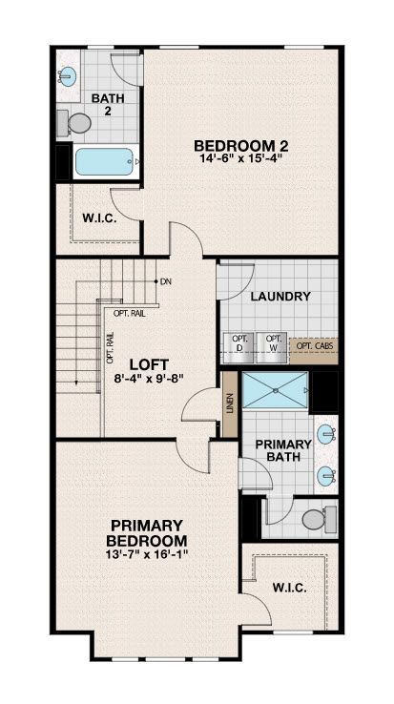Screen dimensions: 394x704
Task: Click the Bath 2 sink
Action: pos(67,75)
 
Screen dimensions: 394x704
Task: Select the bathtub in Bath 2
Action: pos(105,161)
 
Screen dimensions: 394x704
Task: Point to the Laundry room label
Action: pos(280,297)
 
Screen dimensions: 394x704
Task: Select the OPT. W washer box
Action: pos(271,343)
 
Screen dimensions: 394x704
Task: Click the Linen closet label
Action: pos(230,404)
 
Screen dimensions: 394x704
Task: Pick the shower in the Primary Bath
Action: pos(275,390)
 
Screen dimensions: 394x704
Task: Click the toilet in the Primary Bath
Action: pos(320,519)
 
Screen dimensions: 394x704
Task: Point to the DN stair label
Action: pos(166,281)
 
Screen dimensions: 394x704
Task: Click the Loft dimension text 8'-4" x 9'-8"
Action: pos(149,378)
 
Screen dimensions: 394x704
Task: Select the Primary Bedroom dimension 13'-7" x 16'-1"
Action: pos(147,552)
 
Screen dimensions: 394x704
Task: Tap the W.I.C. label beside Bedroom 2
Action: pos(100,219)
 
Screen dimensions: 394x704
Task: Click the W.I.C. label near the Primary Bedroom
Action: pos(289,588)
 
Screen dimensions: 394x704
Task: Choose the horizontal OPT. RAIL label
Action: pos(130,314)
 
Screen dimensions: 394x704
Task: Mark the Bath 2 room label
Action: pos(108,105)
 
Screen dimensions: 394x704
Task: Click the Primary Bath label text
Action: pos(283,450)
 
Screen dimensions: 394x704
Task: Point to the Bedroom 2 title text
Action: pos(240,146)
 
